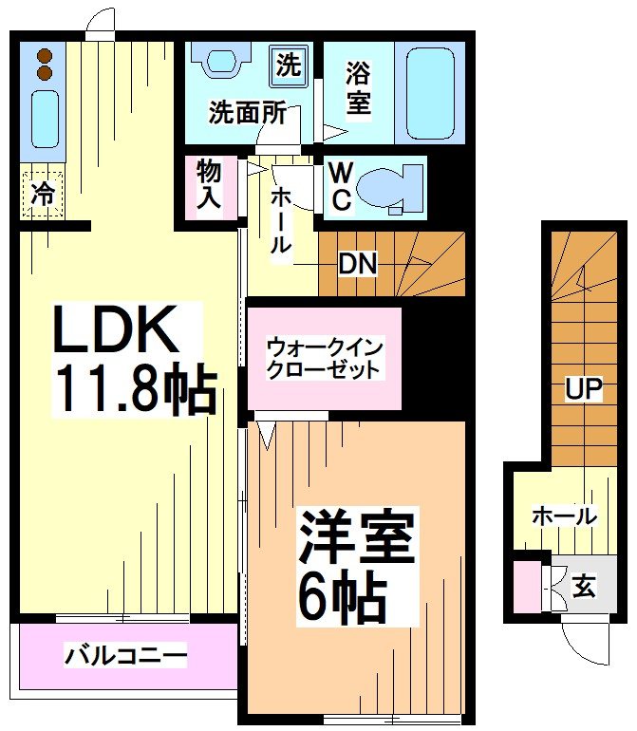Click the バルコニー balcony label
point(125,655)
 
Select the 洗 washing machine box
point(288,66)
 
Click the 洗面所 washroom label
point(248,113)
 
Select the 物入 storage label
point(209,185)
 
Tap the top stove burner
point(44,54)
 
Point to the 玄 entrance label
point(584,588)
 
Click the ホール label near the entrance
point(563,516)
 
